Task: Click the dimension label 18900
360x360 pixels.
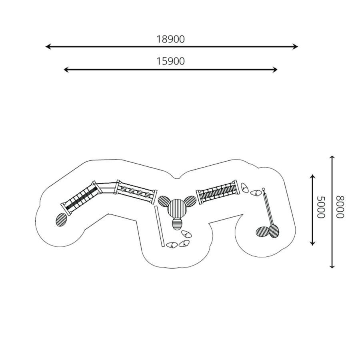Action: (x=170, y=40)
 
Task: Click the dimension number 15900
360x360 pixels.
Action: (x=170, y=61)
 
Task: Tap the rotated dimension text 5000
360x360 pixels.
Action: (x=321, y=207)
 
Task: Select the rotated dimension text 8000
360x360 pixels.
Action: (x=340, y=207)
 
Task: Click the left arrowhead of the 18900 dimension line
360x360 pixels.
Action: (x=48, y=47)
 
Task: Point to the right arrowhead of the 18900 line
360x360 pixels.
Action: (x=296, y=47)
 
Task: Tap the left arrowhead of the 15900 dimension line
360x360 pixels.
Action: (x=66, y=70)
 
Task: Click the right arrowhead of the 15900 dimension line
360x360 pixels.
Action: (x=275, y=70)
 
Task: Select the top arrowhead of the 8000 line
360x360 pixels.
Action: (x=332, y=158)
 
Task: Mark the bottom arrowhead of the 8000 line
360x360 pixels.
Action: (x=332, y=266)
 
